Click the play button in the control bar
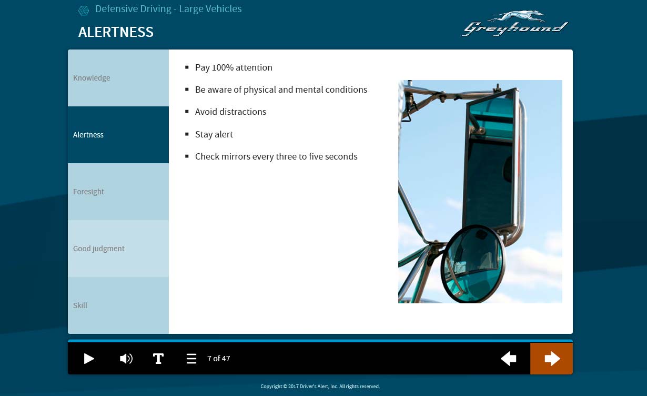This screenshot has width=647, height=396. tap(89, 359)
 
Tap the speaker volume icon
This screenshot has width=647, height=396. tap(126, 359)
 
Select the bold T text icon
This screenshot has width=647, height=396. tap(158, 359)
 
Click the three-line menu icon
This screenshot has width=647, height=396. tap(191, 359)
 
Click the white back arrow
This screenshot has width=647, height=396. tap(508, 359)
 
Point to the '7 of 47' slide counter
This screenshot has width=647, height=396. tap(219, 359)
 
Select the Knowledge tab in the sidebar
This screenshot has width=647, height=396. tap(118, 78)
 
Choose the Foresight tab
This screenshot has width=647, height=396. tap(118, 192)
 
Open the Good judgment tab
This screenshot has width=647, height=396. tap(118, 249)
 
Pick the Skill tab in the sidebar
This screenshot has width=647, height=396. tap(118, 305)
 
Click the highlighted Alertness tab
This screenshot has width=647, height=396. tap(118, 135)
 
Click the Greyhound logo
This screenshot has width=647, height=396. tap(515, 23)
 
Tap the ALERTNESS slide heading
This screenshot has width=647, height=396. tap(116, 32)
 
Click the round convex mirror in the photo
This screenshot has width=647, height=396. tap(473, 264)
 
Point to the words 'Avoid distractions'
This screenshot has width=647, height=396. tap(230, 112)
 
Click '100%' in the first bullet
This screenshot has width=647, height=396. tap(223, 67)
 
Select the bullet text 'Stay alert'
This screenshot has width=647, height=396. tap(214, 134)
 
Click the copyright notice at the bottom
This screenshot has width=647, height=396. tap(320, 387)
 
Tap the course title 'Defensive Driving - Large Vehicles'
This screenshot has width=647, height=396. tap(168, 9)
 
